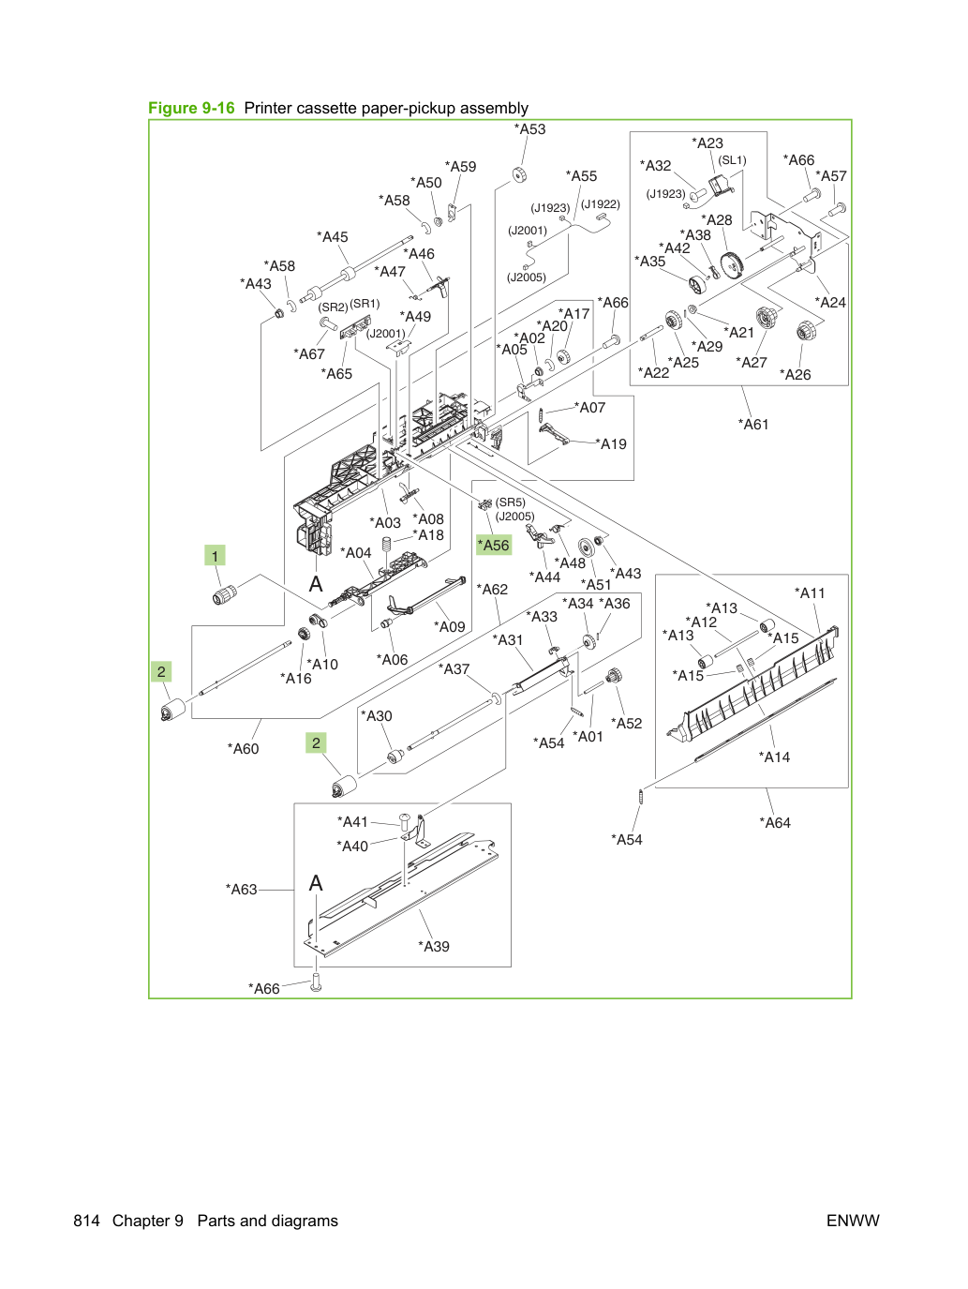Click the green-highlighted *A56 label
(494, 545)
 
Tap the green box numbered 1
(215, 556)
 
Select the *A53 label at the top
(529, 129)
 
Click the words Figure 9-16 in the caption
(191, 108)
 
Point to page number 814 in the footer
(86, 1221)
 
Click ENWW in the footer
(853, 1221)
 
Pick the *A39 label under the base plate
(434, 946)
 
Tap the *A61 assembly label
(753, 424)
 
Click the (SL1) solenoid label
(732, 159)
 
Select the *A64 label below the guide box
(775, 823)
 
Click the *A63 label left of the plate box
(241, 889)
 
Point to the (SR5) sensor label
(510, 502)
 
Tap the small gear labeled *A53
(519, 175)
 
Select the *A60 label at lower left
(243, 749)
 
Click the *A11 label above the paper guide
(810, 593)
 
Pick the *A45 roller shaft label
(333, 236)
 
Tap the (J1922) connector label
(601, 203)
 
